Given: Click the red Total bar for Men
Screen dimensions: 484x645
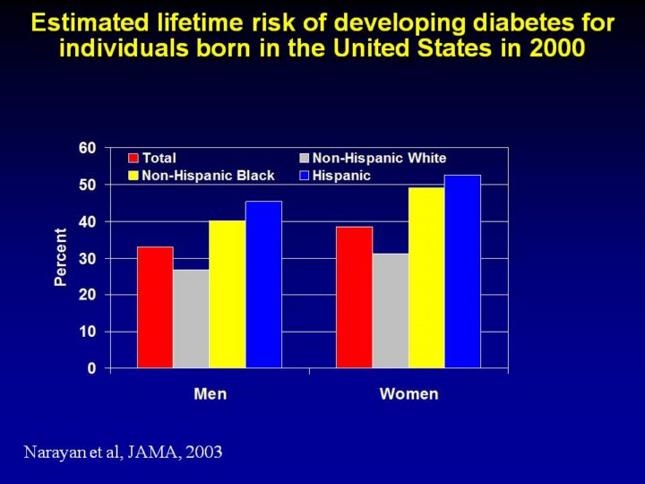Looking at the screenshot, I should pos(155,307).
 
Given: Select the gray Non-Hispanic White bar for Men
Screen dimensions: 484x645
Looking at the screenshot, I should pos(191,318).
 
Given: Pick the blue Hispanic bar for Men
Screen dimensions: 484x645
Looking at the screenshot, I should pos(263,284).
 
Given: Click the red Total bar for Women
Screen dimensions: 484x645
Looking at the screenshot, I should pos(354,297).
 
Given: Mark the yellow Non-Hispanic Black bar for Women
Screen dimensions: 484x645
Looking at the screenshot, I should pos(426,277).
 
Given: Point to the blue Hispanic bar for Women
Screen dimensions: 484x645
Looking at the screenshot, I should pos(462,271).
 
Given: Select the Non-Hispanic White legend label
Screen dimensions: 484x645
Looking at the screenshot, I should pos(379,159).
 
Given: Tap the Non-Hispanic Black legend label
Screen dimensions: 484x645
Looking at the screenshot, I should pos(208,176).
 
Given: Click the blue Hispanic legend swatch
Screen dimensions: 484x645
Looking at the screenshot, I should pos(304,176).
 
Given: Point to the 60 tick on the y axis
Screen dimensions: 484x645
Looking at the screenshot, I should pos(88,148).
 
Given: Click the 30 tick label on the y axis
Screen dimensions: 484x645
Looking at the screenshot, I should pos(88,258).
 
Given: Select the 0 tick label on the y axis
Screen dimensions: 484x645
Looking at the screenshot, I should pos(91,368).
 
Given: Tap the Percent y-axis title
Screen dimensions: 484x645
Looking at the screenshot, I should pos(61,257).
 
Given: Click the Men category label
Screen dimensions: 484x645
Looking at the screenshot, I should pos(210,394).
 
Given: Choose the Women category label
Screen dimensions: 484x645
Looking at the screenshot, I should pos(408,394).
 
